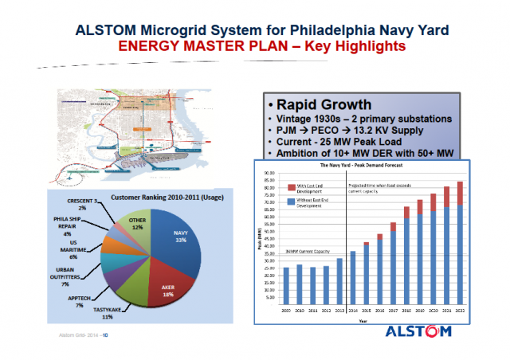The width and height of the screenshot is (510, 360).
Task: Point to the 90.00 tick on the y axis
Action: [x=268, y=172]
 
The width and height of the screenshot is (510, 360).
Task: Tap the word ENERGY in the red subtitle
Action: [x=149, y=46]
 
